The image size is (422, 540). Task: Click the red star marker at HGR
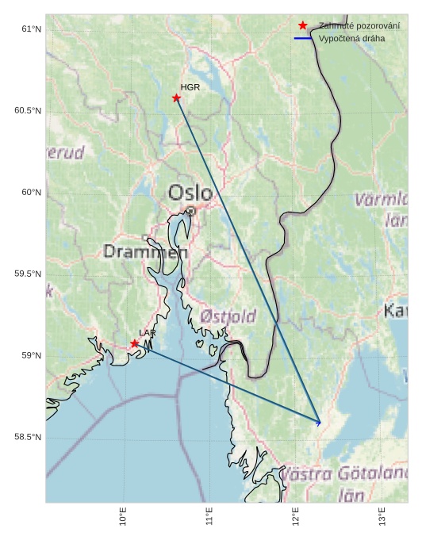point(176,98)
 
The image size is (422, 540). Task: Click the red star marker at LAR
point(135,343)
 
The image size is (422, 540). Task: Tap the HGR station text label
point(190,87)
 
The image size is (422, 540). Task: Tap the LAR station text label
point(148,333)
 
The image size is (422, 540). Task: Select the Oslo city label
point(190,193)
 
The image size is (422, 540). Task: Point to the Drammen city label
point(145,251)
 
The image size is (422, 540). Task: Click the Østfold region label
point(228,316)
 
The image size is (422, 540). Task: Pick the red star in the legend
point(302,25)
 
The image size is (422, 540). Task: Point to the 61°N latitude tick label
point(31,29)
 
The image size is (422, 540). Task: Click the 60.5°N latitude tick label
point(28,110)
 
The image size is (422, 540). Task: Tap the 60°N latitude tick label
point(31,192)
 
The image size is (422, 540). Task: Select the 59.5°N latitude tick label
point(28,274)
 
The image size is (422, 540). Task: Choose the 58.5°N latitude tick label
point(28,438)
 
